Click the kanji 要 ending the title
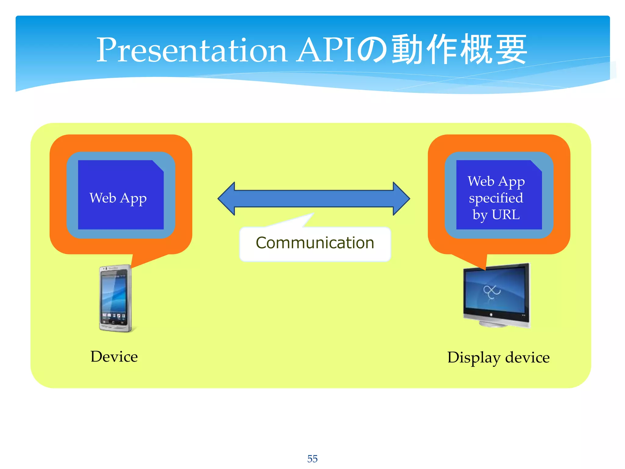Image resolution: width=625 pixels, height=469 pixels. [511, 50]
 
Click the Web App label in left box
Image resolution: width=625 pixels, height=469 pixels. [118, 198]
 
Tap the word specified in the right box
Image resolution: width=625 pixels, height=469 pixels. [496, 198]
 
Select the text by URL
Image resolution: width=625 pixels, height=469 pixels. [496, 215]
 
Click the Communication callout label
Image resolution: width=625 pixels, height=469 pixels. [315, 243]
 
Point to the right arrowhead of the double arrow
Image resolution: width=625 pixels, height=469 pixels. [401, 199]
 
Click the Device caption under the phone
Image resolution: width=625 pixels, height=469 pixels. [114, 357]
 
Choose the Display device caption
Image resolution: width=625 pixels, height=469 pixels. [498, 358]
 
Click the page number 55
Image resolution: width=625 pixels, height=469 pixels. [312, 459]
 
